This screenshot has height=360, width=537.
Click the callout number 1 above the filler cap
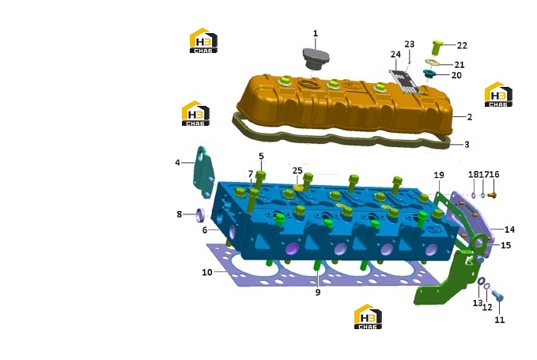[316, 33]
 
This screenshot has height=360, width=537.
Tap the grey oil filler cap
[316, 59]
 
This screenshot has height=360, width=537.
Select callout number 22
[462, 45]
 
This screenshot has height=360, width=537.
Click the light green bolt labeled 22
[437, 47]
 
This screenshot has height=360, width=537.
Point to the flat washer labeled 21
[433, 63]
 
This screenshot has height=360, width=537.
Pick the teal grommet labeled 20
[429, 74]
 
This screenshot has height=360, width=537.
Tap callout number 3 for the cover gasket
[467, 145]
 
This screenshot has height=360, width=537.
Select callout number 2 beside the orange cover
[470, 117]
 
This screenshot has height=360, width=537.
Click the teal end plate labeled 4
[203, 172]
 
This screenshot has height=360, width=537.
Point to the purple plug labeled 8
[200, 214]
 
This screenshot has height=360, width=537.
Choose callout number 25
[297, 170]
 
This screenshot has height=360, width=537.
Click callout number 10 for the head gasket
[207, 272]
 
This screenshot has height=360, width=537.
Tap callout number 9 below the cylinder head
[318, 292]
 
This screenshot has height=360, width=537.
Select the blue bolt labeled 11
[498, 296]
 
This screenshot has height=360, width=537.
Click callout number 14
[509, 229]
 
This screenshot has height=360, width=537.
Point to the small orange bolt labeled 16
[492, 195]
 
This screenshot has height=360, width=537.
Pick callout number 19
[439, 175]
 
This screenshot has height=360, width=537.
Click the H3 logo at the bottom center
[368, 316]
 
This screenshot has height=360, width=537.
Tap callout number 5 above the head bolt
[261, 156]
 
